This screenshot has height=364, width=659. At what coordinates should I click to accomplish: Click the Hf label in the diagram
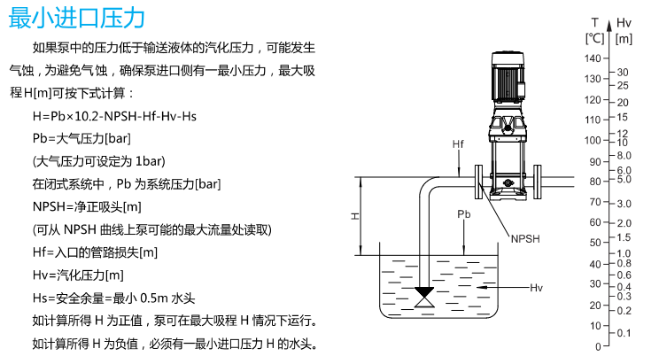tap(458, 143)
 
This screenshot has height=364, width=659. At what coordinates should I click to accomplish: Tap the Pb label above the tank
tap(464, 215)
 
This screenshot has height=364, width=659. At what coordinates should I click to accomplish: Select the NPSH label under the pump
tap(525, 238)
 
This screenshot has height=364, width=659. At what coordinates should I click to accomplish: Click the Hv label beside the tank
tap(536, 288)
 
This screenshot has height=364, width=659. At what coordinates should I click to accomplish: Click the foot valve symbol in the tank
tap(424, 296)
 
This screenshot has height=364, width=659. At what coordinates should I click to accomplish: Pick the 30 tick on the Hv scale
tap(622, 72)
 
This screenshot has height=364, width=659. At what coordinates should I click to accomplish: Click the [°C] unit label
tap(594, 38)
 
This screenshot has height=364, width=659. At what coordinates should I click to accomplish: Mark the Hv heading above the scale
tap(624, 22)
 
